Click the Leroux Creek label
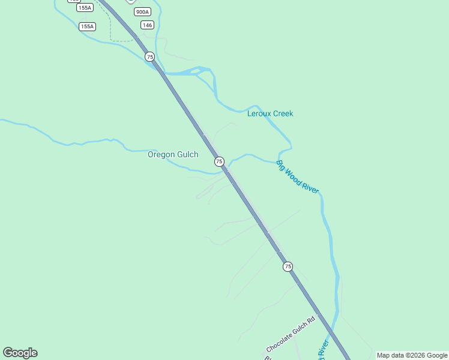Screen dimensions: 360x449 (270, 113)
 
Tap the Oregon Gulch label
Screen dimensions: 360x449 (173, 154)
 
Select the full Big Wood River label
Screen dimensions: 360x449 (297, 177)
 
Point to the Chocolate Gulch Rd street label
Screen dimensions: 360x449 (291, 335)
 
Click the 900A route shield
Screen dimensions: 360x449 (142, 12)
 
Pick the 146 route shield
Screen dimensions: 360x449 (147, 25)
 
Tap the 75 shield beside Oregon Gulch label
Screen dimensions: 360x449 (219, 161)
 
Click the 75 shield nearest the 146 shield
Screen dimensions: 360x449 (149, 56)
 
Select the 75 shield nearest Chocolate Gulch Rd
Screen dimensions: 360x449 (288, 266)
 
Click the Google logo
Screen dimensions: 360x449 (20, 353)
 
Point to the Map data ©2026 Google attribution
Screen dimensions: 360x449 (412, 355)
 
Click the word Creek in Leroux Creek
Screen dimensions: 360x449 (283, 113)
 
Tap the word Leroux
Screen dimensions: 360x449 (259, 113)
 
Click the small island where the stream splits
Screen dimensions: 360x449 (199, 71)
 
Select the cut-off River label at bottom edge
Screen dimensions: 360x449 (322, 350)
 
